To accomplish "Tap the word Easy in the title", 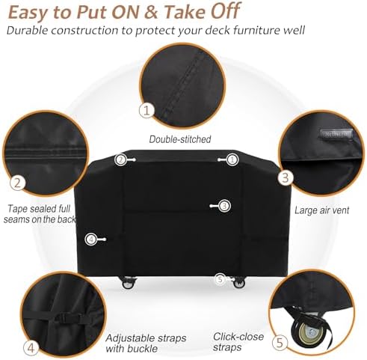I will tap(34, 13).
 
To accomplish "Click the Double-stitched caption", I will tap(179, 138).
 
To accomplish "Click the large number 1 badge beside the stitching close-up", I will tap(147, 110).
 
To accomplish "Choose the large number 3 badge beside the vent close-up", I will tap(286, 177).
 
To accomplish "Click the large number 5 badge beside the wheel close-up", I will tap(279, 344).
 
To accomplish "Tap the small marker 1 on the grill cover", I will tap(232, 159).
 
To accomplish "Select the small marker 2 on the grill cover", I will tap(120, 159).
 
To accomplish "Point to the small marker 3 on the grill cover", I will tap(224, 205).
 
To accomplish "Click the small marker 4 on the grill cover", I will tap(90, 240).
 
